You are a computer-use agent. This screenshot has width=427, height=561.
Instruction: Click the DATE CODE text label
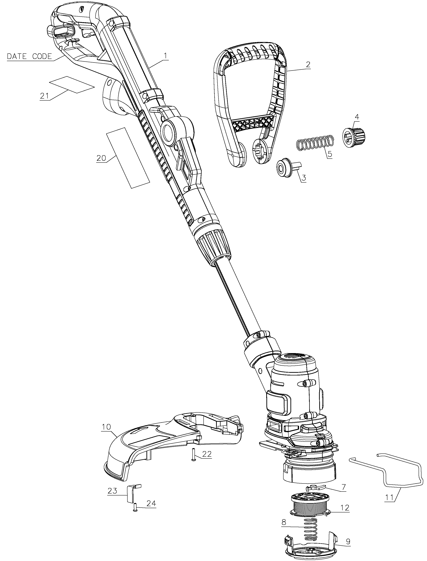[x=29, y=56]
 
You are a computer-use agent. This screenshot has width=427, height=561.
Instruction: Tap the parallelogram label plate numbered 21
[x=72, y=84]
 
